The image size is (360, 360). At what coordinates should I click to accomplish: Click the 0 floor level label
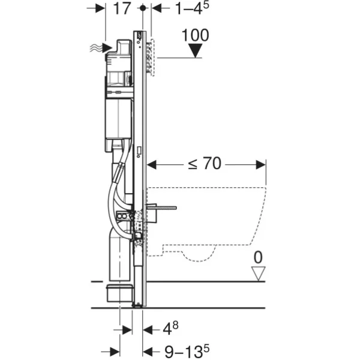pos(258,257)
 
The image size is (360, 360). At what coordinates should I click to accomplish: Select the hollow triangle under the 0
pos(258,274)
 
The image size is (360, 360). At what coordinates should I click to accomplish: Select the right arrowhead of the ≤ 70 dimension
pos(261,164)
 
